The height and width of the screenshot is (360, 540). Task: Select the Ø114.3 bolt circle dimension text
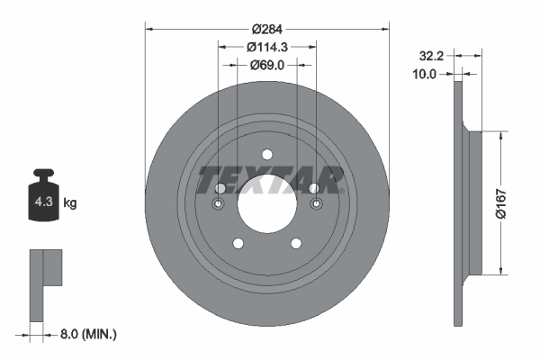click(x=267, y=46)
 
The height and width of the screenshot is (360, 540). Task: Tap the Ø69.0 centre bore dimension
click(x=267, y=66)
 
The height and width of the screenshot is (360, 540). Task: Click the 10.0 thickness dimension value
click(x=422, y=74)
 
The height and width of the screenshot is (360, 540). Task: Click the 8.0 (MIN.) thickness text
click(x=88, y=334)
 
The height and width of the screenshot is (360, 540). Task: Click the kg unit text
click(x=70, y=203)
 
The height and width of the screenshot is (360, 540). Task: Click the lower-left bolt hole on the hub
click(x=238, y=243)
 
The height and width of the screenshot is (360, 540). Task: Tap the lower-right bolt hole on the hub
click(x=296, y=243)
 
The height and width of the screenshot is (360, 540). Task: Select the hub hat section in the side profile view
click(x=472, y=202)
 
